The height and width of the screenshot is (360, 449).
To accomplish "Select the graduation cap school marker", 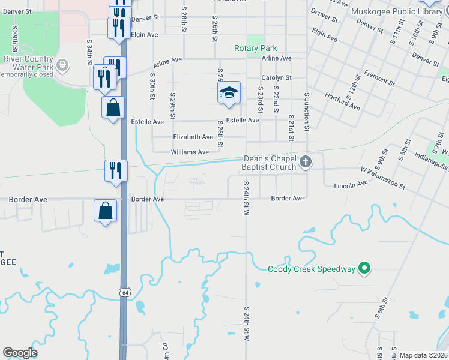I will [229, 92].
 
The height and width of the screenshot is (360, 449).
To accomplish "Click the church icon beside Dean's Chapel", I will [306, 161].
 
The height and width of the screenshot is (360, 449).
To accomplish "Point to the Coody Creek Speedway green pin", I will [363, 269].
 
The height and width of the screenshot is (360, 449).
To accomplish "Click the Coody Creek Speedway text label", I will [312, 269].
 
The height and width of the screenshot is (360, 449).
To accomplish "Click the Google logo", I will [20, 353].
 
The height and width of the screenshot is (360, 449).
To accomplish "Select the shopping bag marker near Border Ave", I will [106, 211].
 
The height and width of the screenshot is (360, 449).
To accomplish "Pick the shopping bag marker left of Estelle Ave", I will [113, 108].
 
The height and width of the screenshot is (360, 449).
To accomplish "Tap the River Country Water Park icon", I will [61, 63].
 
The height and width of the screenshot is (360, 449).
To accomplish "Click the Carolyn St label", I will [276, 78].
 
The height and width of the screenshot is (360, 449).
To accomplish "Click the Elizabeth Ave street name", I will [193, 137].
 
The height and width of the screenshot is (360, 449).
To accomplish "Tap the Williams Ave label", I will [190, 152].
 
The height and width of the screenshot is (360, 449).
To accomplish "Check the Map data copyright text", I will [423, 355].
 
